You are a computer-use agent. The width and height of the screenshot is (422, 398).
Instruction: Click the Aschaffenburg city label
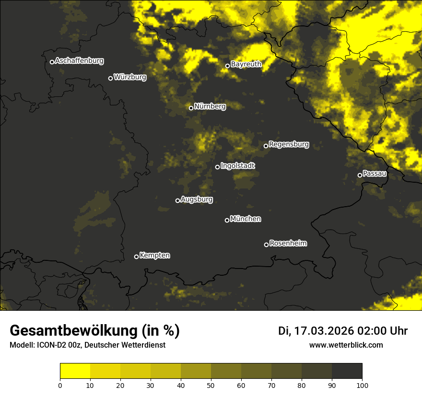(79, 61)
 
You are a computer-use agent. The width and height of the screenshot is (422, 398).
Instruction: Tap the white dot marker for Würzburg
(110, 78)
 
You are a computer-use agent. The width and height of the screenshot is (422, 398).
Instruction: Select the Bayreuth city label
(246, 64)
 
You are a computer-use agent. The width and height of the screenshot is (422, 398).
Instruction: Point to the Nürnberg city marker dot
(191, 108)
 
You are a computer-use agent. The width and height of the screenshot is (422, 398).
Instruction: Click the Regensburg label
(289, 144)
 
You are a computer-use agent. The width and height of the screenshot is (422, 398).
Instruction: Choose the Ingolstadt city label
(238, 166)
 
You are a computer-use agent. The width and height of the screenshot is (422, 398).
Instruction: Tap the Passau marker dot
(360, 175)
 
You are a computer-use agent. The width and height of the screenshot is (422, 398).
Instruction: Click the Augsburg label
(197, 199)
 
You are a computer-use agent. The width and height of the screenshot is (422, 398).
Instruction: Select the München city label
(246, 219)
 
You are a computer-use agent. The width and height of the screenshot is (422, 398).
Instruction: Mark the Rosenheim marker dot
(266, 245)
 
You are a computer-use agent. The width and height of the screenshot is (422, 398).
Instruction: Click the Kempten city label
(154, 256)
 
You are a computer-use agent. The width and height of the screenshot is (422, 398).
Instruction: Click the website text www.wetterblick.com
(346, 345)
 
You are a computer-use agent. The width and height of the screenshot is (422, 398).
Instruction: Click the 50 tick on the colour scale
(211, 385)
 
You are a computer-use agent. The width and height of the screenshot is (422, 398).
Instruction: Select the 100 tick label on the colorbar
(362, 385)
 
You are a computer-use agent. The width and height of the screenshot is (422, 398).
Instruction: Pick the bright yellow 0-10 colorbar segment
(75, 371)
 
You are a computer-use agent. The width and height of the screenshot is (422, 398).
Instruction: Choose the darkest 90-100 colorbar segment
(347, 371)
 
